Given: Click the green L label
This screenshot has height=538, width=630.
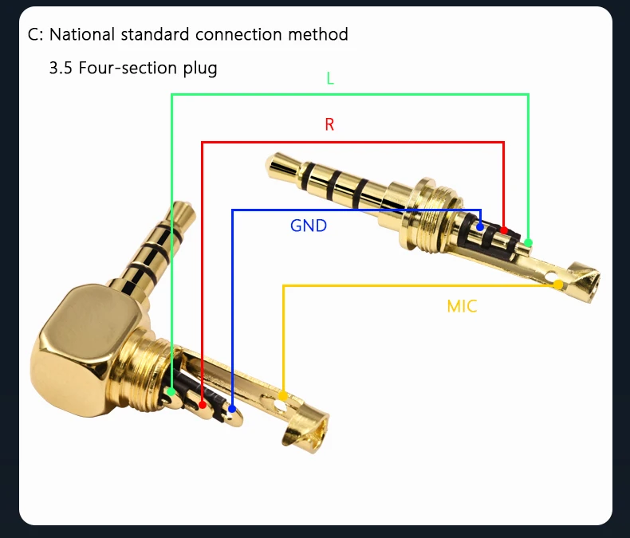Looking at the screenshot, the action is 330,78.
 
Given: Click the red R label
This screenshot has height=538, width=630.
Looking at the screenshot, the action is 329,124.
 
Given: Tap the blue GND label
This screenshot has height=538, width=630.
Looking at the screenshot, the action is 309,226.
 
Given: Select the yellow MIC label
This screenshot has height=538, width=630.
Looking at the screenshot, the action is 462,306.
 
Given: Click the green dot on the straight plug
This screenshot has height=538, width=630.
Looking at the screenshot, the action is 528,242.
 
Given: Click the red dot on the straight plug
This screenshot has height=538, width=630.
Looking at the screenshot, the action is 504,230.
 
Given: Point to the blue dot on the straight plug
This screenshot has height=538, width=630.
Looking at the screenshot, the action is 480,227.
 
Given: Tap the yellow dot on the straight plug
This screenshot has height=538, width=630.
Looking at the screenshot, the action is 558,285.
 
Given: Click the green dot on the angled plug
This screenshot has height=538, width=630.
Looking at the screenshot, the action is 171,391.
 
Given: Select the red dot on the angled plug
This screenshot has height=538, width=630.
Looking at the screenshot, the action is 203,405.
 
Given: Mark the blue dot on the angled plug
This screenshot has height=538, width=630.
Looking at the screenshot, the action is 232,410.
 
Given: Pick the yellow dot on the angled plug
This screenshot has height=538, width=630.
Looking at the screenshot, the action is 283,395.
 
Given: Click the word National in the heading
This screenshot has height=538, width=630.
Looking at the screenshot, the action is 81,35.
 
